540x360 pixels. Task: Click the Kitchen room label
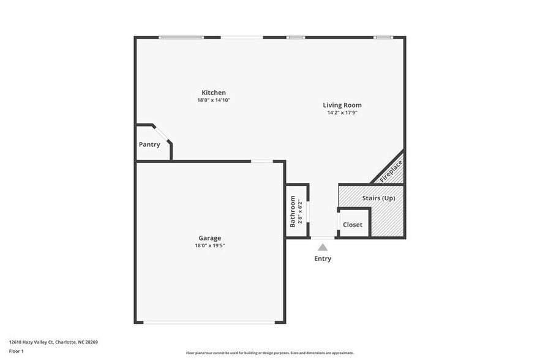(214, 92)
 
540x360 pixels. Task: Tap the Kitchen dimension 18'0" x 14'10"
(214, 100)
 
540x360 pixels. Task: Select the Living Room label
(342, 105)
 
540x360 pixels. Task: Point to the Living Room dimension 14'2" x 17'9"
(342, 113)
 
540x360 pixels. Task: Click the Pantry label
(149, 144)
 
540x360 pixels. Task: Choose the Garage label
(209, 238)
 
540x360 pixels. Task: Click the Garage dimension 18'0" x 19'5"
(209, 246)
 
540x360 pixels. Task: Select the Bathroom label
(293, 211)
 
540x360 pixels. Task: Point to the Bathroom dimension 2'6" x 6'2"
(300, 211)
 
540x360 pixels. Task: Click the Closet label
(353, 225)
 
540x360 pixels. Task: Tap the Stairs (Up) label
(378, 198)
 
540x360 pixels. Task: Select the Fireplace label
(391, 171)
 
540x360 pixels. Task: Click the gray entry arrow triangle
(323, 247)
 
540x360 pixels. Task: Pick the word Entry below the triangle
(323, 258)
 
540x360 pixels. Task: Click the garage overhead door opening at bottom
(209, 322)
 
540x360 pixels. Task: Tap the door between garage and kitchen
(262, 162)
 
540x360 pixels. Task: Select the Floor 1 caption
(16, 351)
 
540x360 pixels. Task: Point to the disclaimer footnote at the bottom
(269, 353)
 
